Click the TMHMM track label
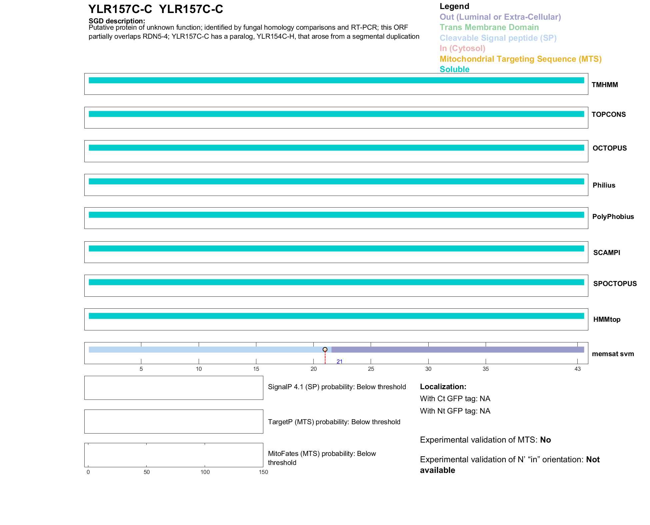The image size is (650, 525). (604, 85)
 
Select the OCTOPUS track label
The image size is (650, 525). (609, 148)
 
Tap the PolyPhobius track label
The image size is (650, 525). (613, 217)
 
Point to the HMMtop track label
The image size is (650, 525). (607, 319)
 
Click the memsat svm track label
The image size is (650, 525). (613, 354)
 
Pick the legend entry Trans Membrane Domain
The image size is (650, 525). (489, 27)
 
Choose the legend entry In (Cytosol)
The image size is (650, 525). (462, 48)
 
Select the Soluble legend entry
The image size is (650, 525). (454, 69)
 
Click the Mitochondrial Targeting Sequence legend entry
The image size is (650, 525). (520, 59)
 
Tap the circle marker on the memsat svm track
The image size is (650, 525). (325, 349)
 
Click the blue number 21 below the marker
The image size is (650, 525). (339, 361)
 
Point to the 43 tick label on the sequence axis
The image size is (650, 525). (577, 369)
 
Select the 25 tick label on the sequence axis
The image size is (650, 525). (371, 369)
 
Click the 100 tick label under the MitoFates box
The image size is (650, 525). (205, 472)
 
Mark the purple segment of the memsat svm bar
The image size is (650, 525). (457, 349)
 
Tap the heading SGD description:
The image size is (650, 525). (117, 21)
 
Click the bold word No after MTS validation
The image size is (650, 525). (545, 440)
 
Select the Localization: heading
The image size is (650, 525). (443, 386)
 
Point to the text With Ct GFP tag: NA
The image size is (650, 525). (455, 399)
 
